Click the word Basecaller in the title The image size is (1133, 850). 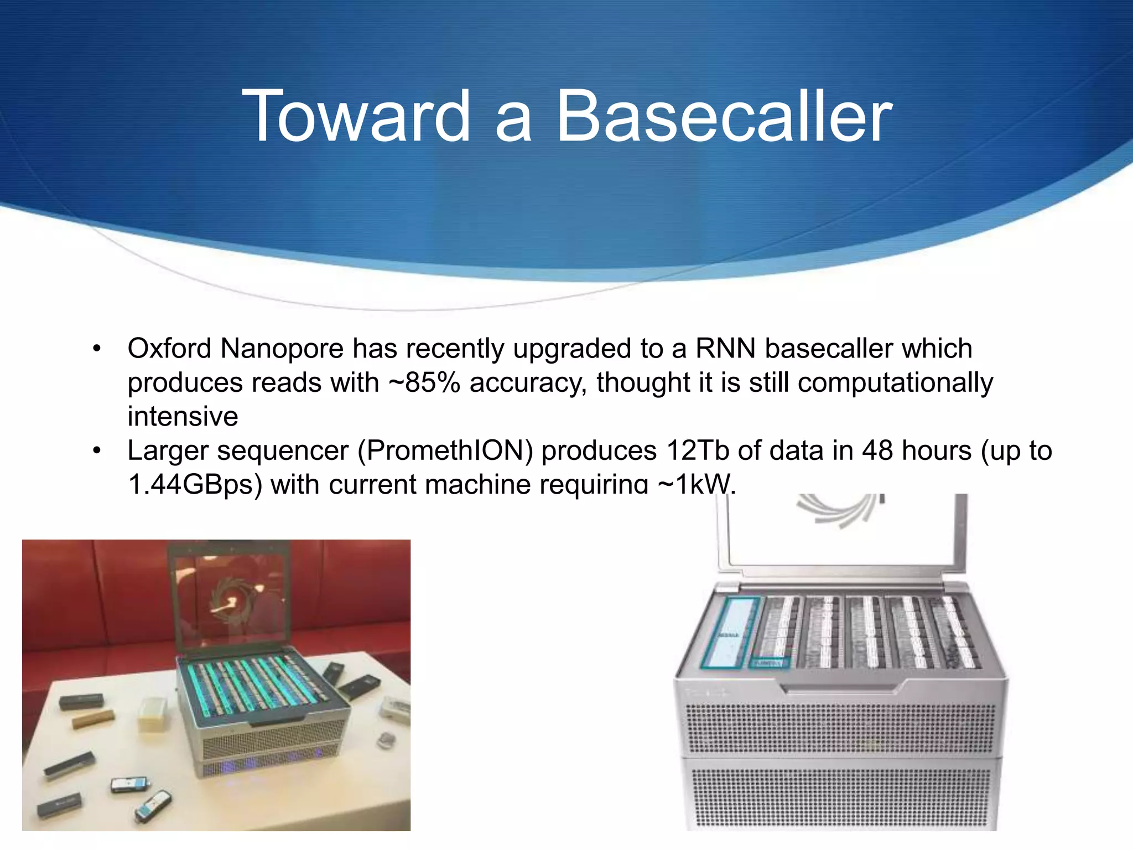tap(724, 117)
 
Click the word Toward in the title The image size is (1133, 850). tap(356, 117)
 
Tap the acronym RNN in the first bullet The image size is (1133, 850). tap(725, 349)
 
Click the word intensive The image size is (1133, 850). tap(183, 417)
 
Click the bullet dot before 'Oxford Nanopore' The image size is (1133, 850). tap(97, 349)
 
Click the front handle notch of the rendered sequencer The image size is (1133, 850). tap(841, 688)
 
